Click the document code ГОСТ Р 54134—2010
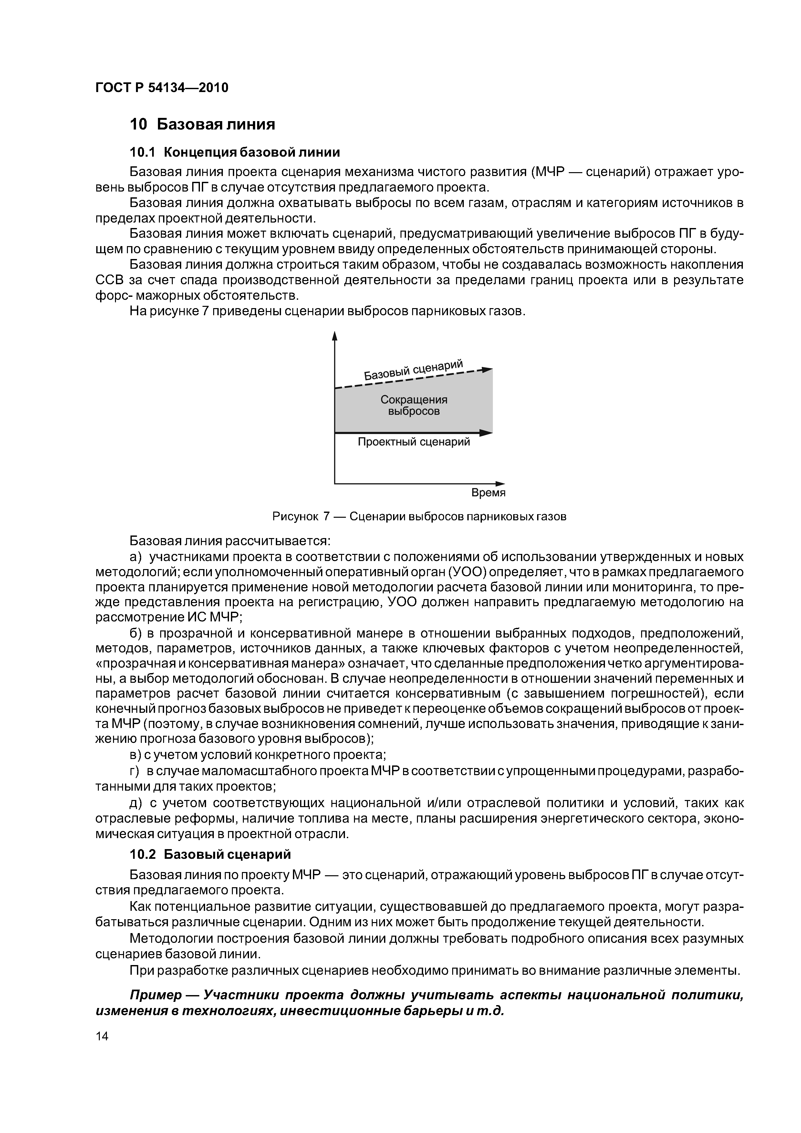pyautogui.click(x=162, y=88)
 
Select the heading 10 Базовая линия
pyautogui.click(x=202, y=124)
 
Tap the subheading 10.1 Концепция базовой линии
pyautogui.click(x=235, y=152)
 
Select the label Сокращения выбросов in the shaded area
pyautogui.click(x=413, y=405)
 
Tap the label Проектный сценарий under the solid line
pyautogui.click(x=413, y=442)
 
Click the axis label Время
pyautogui.click(x=488, y=493)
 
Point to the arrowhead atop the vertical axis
pyautogui.click(x=335, y=336)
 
